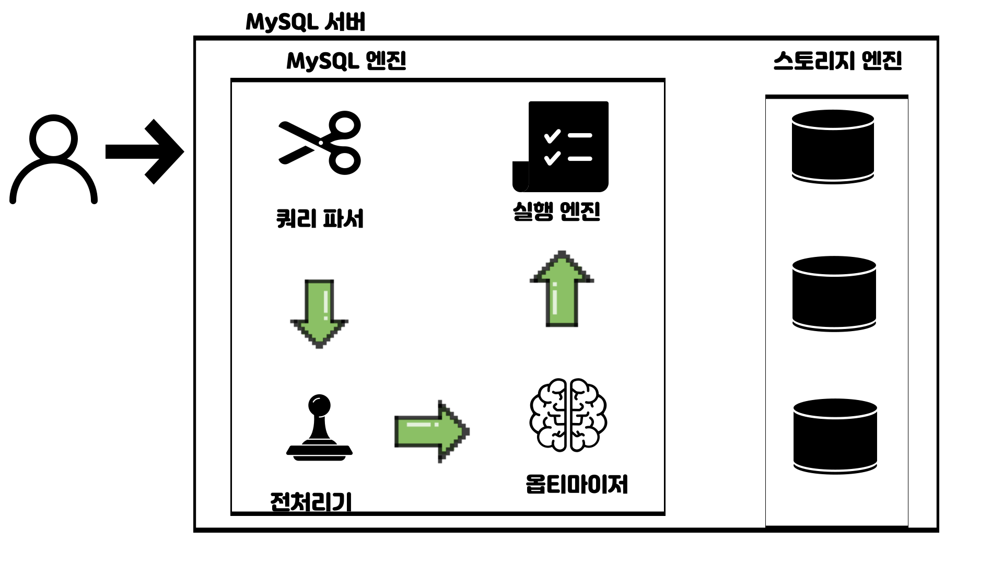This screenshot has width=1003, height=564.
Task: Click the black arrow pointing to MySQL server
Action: pos(145,151)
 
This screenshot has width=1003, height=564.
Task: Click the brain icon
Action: pos(568,415)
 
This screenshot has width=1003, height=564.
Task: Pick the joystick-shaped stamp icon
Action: pos(319,428)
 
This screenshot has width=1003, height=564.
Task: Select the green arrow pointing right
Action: pos(431,431)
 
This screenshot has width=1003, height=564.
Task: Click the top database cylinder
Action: pos(833,147)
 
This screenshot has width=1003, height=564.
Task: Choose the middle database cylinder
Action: pos(834,293)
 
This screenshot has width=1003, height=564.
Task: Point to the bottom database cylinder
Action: pos(835,437)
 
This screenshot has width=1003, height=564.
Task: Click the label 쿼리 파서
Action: pos(320,219)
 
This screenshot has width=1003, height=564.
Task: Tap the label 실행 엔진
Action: pos(556,211)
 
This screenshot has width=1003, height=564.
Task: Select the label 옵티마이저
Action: pos(577,484)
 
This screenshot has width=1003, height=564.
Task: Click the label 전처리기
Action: pos(311,502)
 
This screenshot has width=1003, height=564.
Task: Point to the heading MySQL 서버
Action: pos(305,22)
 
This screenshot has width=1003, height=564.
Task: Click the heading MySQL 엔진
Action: pos(346,61)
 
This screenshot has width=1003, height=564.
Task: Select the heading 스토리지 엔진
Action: pos(837,61)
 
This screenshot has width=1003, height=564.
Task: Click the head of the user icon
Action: pos(53,137)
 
